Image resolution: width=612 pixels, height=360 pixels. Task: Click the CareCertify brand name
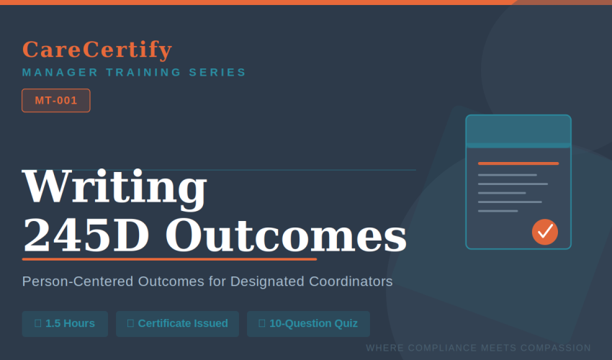(x=97, y=50)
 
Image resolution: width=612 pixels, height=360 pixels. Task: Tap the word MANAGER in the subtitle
(x=60, y=73)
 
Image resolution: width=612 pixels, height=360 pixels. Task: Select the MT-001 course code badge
(x=56, y=100)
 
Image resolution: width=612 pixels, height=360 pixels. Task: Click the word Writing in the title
(x=114, y=186)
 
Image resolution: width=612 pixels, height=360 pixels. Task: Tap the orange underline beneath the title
(x=169, y=259)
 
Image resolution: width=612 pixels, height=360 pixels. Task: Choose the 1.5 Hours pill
(x=65, y=324)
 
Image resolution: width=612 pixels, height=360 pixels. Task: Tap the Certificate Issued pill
(x=177, y=324)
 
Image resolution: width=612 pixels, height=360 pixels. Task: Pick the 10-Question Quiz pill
(x=308, y=324)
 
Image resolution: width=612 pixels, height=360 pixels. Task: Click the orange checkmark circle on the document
(x=545, y=232)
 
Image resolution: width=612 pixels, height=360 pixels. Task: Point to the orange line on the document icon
(x=518, y=163)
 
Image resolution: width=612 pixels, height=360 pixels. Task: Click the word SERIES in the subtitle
(x=217, y=73)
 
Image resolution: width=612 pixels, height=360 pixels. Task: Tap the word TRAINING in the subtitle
(x=143, y=73)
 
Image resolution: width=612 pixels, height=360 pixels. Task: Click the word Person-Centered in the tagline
(x=78, y=282)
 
